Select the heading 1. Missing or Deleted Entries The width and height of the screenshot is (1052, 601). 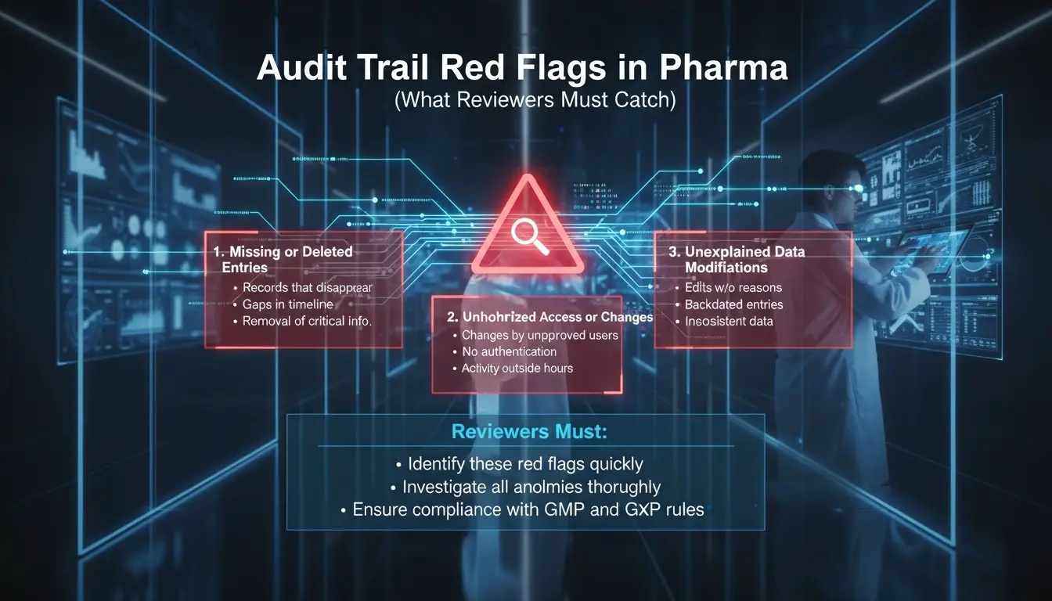click(283, 259)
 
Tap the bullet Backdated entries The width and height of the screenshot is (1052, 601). click(733, 304)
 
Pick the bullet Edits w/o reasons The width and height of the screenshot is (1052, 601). click(733, 288)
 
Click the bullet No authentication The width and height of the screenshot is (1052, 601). click(509, 351)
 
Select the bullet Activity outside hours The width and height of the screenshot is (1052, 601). click(517, 368)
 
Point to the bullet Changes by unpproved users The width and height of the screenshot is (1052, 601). click(539, 335)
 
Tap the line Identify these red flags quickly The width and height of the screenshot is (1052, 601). click(524, 463)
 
